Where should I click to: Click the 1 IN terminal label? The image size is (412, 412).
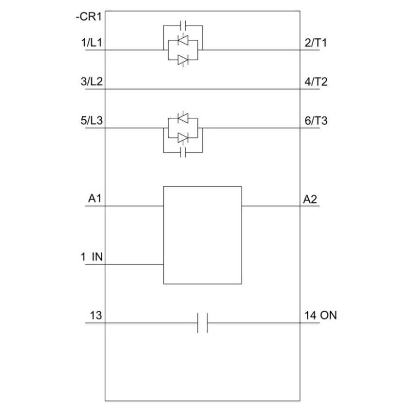click(92, 257)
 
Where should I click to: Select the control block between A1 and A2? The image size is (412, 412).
click(202, 235)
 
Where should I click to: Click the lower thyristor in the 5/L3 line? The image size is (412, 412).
click(183, 138)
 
